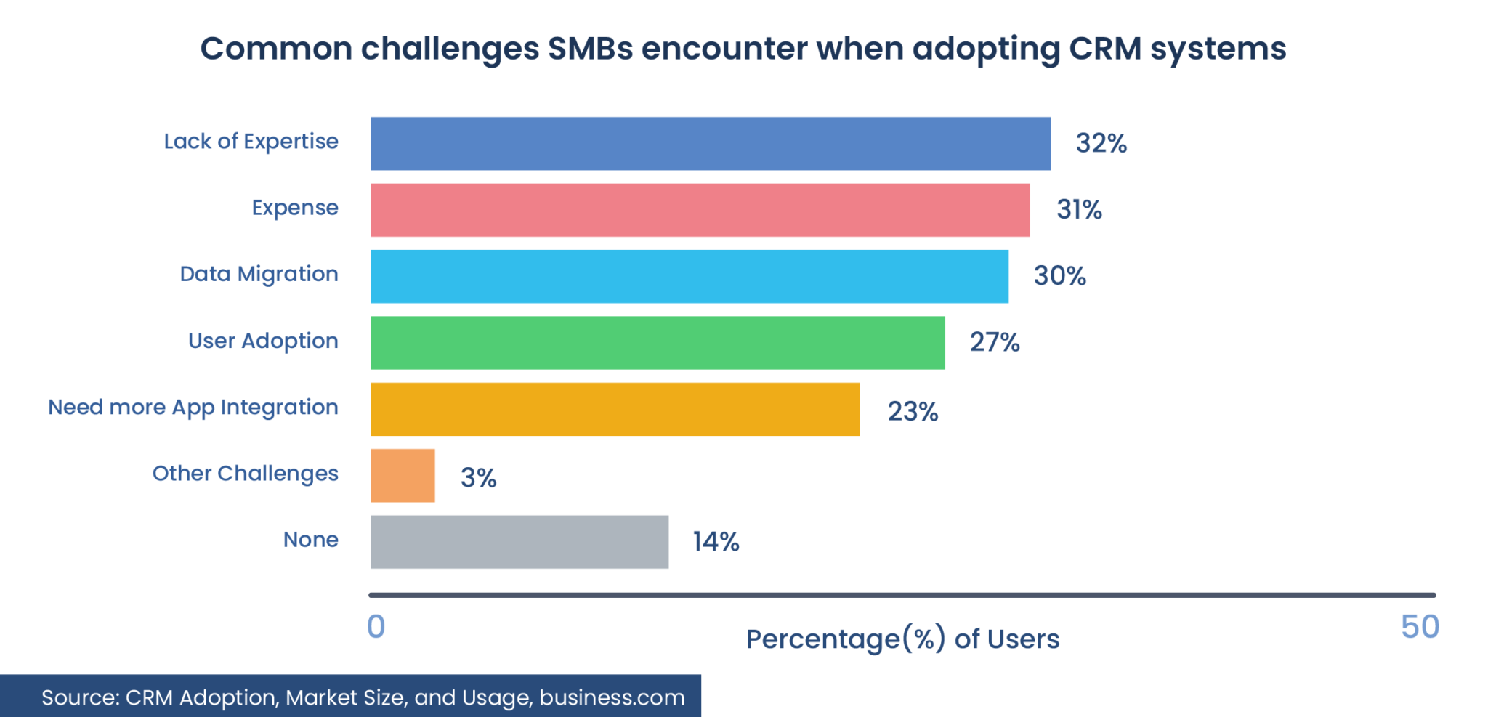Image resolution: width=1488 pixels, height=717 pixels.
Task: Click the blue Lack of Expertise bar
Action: [711, 144]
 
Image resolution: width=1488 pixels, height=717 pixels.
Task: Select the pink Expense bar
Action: [700, 210]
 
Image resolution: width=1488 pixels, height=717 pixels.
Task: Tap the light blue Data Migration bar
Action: [690, 276]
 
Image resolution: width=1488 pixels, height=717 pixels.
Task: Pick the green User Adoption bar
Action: [658, 342]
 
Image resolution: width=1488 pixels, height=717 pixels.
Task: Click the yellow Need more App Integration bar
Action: [615, 409]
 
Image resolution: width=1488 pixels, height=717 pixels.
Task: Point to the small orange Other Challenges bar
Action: [403, 475]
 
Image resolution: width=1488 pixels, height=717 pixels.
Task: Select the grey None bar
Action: [519, 542]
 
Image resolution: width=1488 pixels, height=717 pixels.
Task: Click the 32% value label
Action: [1101, 144]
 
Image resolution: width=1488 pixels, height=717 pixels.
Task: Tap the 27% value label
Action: [995, 342]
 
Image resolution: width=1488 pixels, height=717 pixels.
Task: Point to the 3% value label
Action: [478, 478]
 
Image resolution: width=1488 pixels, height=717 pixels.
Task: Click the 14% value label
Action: [716, 542]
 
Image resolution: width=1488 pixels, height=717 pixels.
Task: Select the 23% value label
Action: [913, 412]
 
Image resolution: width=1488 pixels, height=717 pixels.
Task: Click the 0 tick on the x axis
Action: [376, 627]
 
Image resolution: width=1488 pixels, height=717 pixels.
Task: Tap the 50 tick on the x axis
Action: [1420, 627]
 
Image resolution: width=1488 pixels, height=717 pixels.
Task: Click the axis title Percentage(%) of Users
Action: [902, 639]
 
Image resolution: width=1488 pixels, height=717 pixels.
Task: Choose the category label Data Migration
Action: [259, 274]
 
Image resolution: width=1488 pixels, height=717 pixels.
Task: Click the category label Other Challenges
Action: [245, 474]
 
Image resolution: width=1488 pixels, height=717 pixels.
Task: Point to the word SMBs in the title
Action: [590, 49]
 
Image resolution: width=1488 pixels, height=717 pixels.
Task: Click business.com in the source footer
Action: [612, 697]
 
